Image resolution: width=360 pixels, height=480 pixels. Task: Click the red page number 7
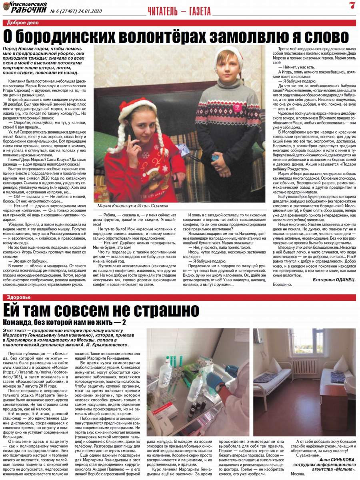(x=352, y=5)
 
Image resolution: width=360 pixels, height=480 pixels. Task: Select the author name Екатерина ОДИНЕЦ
(x=334, y=279)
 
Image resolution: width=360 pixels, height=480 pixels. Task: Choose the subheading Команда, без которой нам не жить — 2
(x=64, y=322)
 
